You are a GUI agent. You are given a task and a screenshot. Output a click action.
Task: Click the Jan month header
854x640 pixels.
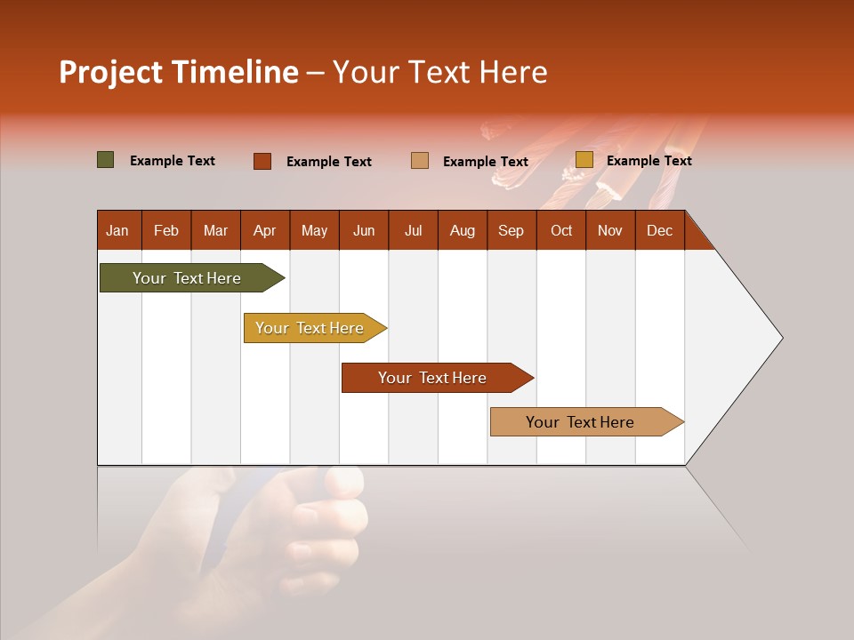117,230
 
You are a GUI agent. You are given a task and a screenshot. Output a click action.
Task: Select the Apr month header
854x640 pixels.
264,230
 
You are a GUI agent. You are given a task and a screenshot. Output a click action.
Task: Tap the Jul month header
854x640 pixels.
413,230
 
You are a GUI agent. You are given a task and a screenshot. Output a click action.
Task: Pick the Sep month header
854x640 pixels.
511,230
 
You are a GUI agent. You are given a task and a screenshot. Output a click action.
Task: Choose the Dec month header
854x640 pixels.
659,230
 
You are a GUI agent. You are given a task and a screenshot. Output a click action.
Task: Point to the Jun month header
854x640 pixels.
364,230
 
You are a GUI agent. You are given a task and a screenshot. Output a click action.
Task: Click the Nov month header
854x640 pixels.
609,230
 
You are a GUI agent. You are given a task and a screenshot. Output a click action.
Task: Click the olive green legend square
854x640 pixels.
106,160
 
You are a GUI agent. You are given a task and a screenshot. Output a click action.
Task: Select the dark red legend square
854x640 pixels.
262,161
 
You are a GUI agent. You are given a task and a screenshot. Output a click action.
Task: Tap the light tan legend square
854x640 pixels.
420,161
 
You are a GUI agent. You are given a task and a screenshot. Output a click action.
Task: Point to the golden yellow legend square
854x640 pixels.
584,160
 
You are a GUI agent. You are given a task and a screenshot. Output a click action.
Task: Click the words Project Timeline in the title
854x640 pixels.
178,72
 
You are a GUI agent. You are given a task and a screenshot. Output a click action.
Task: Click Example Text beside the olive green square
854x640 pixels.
173,161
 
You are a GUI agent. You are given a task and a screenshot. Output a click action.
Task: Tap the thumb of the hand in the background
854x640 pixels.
342,482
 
